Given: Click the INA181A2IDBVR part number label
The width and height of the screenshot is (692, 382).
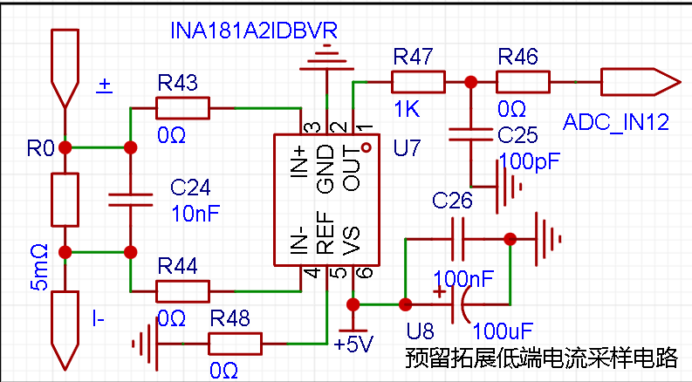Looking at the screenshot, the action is click(254, 31).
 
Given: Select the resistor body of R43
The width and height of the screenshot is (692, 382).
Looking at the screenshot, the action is click(182, 108).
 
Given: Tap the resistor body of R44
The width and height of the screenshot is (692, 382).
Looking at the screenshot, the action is click(182, 291).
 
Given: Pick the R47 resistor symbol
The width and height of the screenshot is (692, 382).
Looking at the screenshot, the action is click(418, 82).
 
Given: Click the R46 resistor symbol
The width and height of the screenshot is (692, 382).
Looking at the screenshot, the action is click(523, 82).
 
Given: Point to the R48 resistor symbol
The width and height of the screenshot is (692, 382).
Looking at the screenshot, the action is click(235, 344).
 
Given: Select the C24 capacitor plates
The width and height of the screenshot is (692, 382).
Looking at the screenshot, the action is click(131, 200).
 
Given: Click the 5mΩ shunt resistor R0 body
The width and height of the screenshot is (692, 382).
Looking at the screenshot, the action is click(65, 200).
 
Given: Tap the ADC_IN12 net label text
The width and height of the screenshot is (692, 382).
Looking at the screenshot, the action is click(616, 122).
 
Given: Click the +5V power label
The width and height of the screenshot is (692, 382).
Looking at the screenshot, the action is click(353, 344).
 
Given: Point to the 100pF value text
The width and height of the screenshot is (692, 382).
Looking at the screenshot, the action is click(530, 161).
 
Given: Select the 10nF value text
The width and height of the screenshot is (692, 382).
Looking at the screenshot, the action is click(195, 214).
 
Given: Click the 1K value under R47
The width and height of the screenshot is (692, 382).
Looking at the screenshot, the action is click(407, 109).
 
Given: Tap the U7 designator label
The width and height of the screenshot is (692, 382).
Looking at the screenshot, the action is click(407, 147).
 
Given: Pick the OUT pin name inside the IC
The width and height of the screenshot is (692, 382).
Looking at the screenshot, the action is click(352, 168).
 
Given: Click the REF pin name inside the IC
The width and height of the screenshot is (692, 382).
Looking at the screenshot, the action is click(325, 233).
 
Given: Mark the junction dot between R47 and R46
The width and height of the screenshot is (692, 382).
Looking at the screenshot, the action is click(471, 82).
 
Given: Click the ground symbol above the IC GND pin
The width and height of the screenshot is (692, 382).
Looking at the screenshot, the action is click(326, 58).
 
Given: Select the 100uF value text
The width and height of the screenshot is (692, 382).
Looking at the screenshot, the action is click(503, 331).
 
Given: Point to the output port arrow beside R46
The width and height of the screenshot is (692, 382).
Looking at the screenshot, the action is click(641, 82).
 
